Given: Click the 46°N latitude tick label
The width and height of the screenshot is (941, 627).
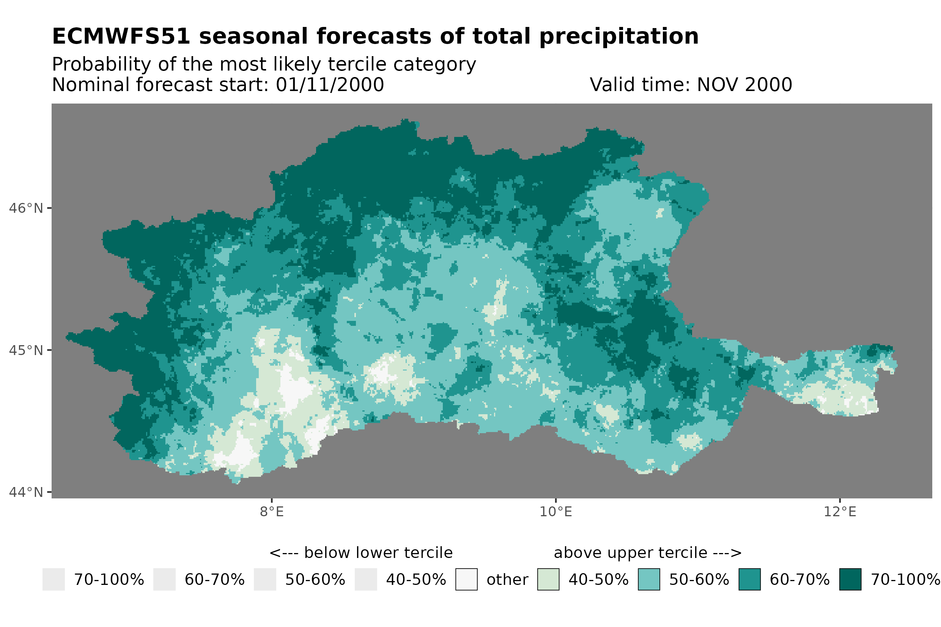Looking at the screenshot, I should click(25, 208).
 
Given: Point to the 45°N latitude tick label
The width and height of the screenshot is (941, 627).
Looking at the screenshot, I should click(25, 350).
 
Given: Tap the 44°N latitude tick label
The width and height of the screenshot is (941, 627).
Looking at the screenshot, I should click(25, 492).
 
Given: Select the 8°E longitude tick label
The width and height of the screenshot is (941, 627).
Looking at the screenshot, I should click(272, 512).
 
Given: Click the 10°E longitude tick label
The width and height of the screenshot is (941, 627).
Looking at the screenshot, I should click(555, 512).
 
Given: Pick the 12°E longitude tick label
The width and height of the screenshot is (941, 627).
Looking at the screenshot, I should click(839, 512).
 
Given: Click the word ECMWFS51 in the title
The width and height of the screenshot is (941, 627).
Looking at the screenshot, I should click(121, 36).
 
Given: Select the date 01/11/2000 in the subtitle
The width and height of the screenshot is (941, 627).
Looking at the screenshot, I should click(329, 85).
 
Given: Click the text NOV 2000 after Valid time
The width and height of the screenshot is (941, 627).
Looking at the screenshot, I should click(744, 85).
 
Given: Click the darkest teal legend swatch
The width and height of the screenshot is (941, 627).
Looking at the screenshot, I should click(850, 580).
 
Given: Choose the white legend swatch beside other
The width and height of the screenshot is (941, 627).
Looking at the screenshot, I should click(466, 580).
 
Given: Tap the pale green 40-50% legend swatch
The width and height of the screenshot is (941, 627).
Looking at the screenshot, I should click(548, 580).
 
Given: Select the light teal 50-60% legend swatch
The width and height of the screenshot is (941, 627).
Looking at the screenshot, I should click(649, 580).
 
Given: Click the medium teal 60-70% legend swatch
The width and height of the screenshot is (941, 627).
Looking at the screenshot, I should click(749, 580).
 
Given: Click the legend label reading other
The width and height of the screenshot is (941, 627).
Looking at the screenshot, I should click(507, 580).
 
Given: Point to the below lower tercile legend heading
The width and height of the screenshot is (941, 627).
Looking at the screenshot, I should click(361, 553).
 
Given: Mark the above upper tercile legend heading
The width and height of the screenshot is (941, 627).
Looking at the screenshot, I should click(647, 553).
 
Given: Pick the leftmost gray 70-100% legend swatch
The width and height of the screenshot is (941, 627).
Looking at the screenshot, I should click(54, 580).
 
